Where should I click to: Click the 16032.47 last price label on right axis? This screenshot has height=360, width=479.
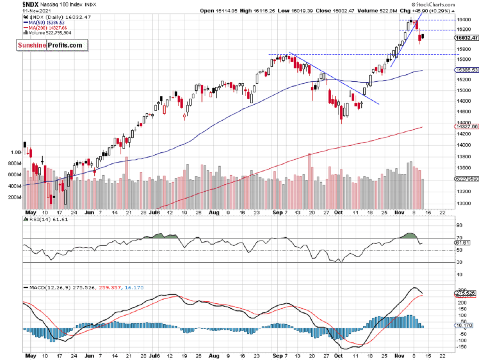(x=466, y=38)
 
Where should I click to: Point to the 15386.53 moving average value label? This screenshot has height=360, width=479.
(x=466, y=70)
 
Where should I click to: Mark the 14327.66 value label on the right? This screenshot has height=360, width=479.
(x=466, y=126)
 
